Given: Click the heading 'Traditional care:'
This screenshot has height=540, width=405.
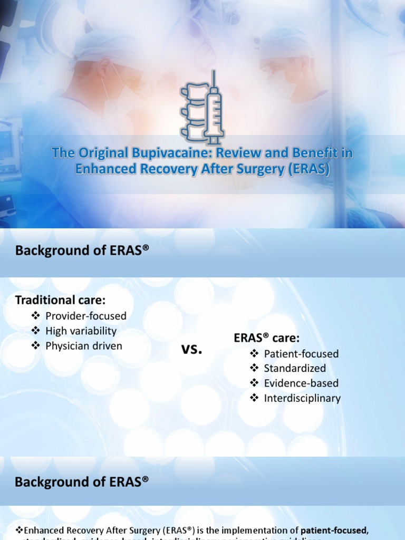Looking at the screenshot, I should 60,300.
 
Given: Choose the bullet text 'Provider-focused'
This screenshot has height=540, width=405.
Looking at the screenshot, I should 86,316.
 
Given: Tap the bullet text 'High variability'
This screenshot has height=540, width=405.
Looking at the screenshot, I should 81,331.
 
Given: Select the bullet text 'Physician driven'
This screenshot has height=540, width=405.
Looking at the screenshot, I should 84,346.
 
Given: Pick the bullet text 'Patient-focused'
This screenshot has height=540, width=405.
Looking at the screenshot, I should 301,354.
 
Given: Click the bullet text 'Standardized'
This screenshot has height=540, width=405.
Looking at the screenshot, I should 295,368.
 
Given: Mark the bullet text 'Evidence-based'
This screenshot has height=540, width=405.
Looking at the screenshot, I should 301,383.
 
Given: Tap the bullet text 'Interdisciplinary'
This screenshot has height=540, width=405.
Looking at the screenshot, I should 302,398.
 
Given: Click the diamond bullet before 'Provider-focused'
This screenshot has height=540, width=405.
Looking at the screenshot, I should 36,316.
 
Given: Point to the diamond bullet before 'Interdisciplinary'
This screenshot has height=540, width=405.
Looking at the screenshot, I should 255,398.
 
